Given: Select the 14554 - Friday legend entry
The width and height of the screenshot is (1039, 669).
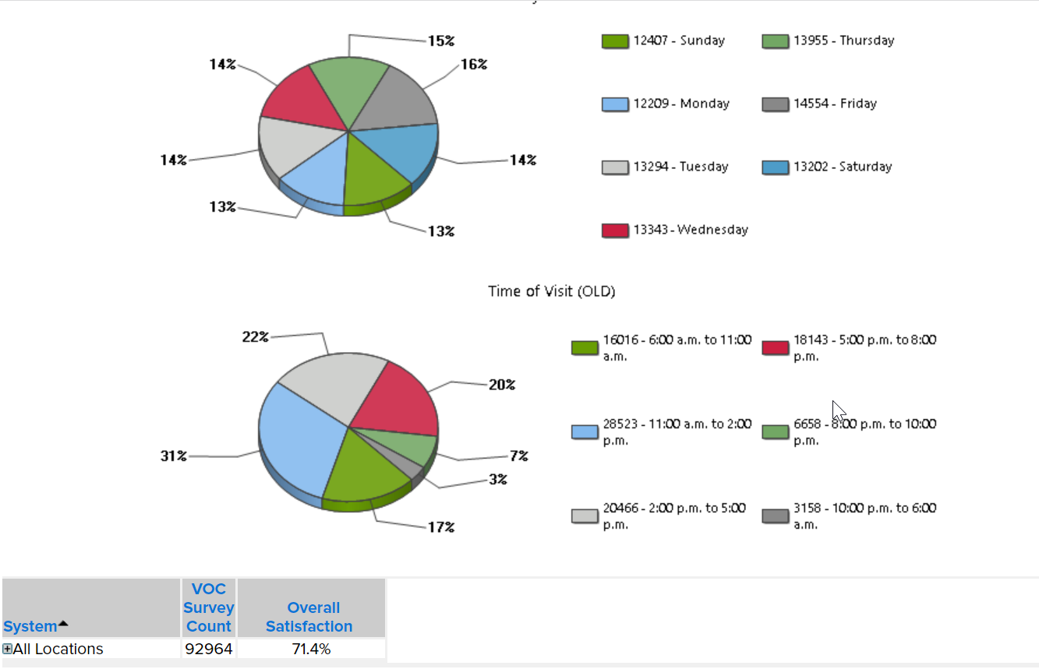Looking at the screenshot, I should (x=835, y=104).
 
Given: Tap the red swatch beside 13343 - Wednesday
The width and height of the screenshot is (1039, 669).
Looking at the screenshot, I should (x=615, y=231).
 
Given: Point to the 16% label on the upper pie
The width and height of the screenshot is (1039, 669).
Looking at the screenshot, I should (x=474, y=65).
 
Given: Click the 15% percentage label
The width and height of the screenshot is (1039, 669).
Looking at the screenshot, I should (x=441, y=40).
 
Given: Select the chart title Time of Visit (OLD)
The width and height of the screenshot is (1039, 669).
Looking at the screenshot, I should (x=551, y=291).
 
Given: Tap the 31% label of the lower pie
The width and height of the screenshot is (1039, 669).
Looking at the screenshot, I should (x=174, y=456).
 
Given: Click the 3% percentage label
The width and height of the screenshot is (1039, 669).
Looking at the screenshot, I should (x=497, y=480).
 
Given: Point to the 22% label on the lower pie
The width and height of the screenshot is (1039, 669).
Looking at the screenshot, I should (x=256, y=336).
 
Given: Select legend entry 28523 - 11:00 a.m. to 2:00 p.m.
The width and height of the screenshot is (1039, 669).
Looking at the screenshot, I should (x=677, y=432).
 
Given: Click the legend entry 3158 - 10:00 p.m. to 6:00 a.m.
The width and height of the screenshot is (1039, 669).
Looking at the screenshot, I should (x=864, y=516).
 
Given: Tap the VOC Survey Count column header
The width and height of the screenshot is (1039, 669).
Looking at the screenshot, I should (x=209, y=607).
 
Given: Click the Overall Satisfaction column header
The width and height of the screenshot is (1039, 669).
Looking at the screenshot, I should (x=309, y=617).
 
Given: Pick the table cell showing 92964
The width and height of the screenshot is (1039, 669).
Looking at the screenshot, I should (x=209, y=649).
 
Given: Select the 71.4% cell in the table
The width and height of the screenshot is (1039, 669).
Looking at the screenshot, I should (x=311, y=649).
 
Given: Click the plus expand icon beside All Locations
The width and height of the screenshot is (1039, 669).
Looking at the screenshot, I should (x=8, y=649).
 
